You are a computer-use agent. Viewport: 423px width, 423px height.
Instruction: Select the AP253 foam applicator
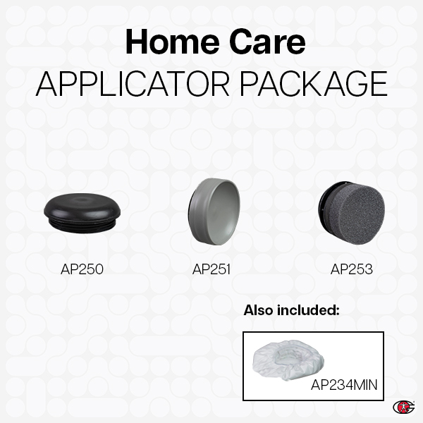tap(350, 209)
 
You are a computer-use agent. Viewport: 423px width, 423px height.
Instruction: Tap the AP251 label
tap(211, 269)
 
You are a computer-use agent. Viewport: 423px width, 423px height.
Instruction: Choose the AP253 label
tap(351, 269)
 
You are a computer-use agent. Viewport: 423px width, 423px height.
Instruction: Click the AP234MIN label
tap(344, 384)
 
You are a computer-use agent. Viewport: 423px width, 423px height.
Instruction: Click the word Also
tap(260, 310)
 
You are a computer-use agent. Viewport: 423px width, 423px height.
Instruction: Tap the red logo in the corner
tap(403, 407)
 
